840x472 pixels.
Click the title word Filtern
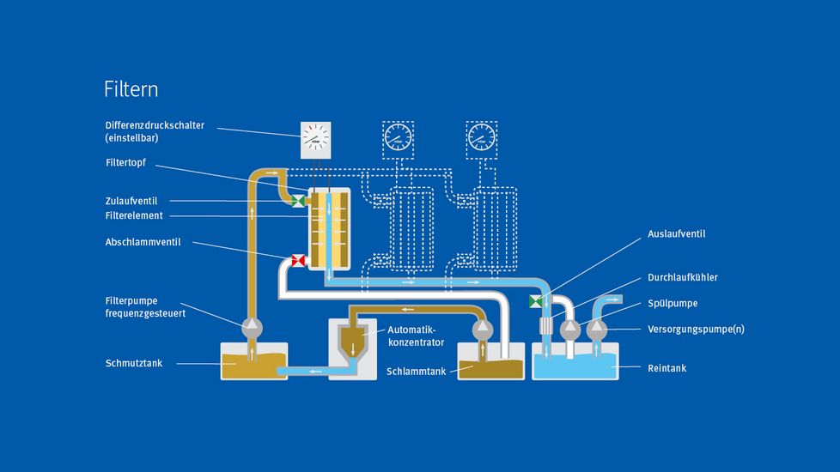click(x=131, y=89)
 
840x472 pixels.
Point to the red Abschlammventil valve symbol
click(x=299, y=260)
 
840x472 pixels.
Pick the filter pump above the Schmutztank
click(x=252, y=326)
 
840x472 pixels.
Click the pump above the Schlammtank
click(x=482, y=327)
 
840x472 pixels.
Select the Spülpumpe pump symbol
click(x=570, y=329)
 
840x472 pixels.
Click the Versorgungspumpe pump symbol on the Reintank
click(x=597, y=329)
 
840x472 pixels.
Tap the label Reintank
click(x=667, y=368)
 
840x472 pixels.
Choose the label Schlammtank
click(x=416, y=371)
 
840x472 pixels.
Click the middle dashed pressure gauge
click(x=398, y=136)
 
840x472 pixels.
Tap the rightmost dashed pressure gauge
click(x=482, y=136)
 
